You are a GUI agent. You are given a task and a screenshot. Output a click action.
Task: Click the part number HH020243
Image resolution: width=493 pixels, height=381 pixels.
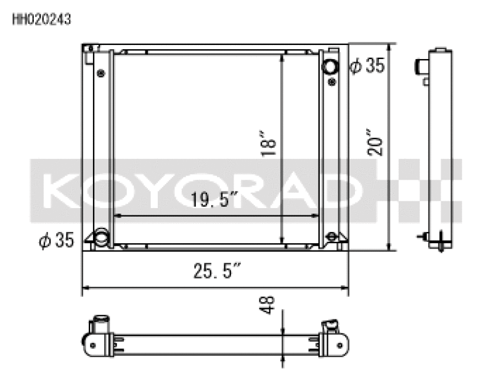(x=42, y=19)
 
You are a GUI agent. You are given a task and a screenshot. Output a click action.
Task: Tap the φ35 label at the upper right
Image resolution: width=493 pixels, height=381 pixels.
(x=367, y=66)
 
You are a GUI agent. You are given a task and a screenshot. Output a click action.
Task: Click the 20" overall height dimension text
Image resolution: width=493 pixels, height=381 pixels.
(x=377, y=142)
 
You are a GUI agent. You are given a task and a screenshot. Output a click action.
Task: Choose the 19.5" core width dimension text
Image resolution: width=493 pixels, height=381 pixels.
(x=214, y=201)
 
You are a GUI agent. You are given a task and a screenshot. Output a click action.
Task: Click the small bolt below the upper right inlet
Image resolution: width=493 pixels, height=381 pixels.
(x=332, y=81)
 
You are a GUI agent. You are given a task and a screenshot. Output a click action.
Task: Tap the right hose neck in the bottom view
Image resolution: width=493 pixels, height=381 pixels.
(x=332, y=324)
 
